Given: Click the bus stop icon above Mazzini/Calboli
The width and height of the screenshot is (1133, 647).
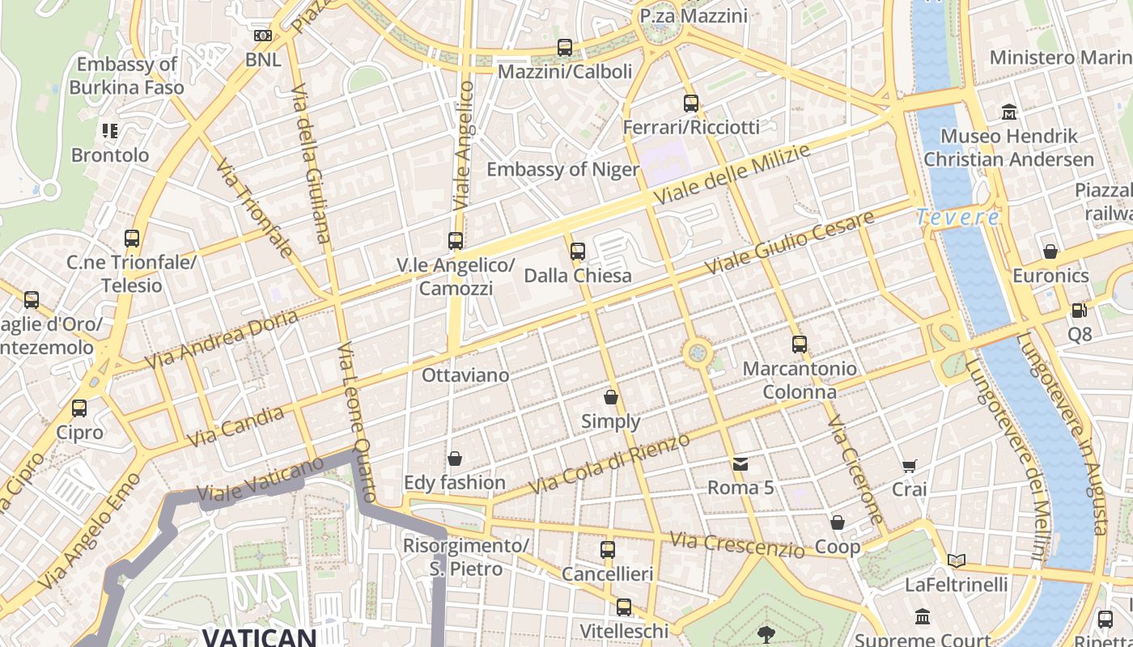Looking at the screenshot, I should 565,48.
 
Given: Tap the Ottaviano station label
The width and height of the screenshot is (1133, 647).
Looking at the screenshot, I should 465,375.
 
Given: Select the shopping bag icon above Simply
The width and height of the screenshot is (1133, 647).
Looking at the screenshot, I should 611,397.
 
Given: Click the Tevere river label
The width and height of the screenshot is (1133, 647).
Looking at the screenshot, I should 958,218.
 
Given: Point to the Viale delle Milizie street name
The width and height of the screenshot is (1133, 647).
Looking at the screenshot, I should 732,175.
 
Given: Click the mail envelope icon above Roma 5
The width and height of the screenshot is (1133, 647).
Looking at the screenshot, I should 740,464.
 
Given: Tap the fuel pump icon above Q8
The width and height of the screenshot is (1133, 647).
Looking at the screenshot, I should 1079,311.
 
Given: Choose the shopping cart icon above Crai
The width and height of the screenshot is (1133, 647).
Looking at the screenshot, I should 909,466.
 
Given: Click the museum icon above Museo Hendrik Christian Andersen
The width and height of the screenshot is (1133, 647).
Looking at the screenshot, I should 1009,112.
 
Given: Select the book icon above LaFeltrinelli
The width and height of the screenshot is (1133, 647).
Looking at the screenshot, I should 957,560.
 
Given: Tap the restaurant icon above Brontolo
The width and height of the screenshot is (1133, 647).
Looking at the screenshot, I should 110,131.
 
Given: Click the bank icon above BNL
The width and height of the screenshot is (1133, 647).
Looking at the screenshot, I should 263,36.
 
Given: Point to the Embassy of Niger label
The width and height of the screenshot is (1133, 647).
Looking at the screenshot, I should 562,169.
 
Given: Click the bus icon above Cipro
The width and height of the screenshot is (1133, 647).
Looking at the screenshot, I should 79,408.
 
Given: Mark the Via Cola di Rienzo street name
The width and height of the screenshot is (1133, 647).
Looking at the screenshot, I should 609,464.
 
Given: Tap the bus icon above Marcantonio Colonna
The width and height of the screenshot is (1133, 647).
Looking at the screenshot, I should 800,345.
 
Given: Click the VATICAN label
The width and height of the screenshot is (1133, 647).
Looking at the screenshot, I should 259,636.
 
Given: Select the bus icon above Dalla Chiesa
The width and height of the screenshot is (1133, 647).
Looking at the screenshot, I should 577,252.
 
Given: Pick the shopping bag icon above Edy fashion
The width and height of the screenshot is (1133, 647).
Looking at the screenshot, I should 455,459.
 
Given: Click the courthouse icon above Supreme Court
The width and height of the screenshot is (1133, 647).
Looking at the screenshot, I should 923,618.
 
